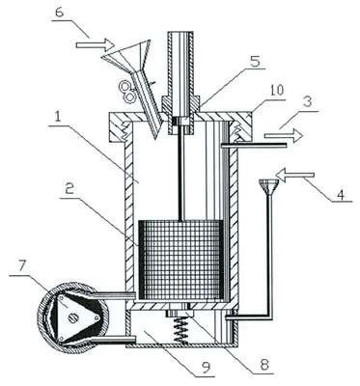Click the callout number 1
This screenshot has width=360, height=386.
pos(58,117)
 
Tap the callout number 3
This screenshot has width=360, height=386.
pos(307,102)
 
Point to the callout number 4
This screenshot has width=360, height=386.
pos(341,194)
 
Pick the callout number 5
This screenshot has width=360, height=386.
pos(256,62)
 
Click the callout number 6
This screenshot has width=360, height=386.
pos(60,13)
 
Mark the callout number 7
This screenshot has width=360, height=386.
pos(23,266)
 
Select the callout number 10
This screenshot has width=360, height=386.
pos(276,91)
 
